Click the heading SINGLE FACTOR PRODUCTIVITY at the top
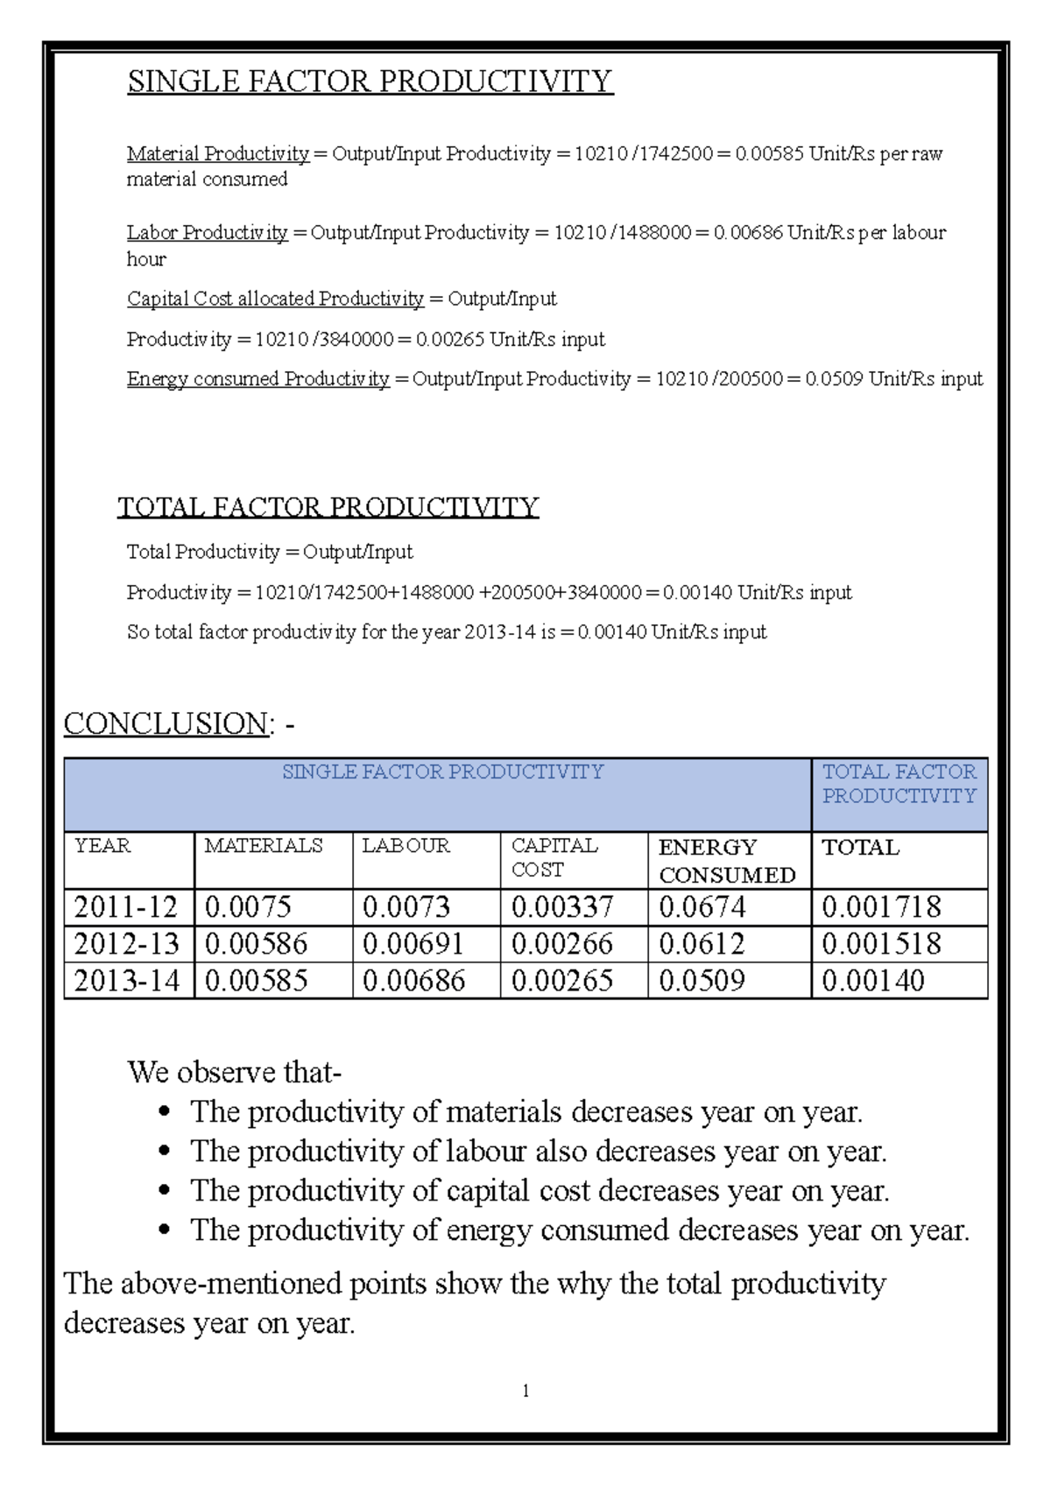click(x=370, y=81)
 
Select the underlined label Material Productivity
click(x=218, y=154)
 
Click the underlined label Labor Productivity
click(x=207, y=233)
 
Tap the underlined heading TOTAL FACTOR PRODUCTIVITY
click(x=328, y=508)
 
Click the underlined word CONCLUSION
click(x=166, y=724)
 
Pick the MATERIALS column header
click(x=263, y=846)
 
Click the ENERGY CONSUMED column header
click(x=727, y=861)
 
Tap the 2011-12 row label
click(x=126, y=907)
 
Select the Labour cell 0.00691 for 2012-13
click(x=413, y=944)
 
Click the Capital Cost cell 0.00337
click(x=561, y=907)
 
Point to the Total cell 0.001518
click(x=881, y=944)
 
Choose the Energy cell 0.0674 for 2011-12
click(x=702, y=907)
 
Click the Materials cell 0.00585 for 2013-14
click(x=256, y=981)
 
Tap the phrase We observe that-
click(x=235, y=1073)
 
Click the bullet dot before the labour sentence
click(x=163, y=1153)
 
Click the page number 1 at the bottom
click(x=525, y=1391)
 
